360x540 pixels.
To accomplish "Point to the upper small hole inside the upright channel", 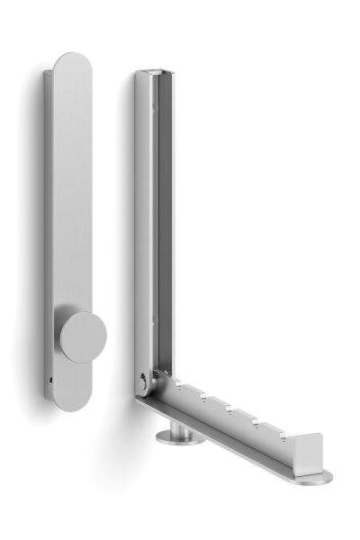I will click(165, 108).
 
